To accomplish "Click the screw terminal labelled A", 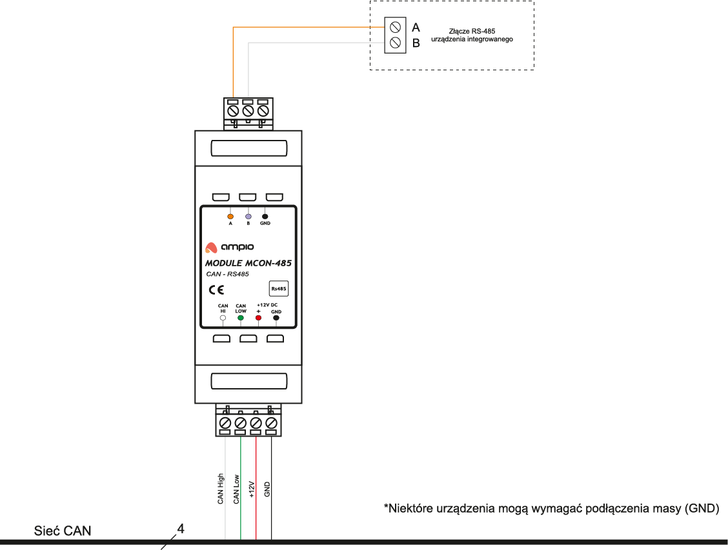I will (393, 27).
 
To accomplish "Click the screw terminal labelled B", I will (393, 43).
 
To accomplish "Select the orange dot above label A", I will (230, 217).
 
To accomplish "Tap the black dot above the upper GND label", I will (265, 217).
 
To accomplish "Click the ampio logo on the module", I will (229, 247).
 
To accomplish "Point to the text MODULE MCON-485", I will (248, 263).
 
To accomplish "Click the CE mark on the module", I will (216, 289).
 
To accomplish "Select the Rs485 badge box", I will (278, 289).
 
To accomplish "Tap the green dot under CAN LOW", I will (241, 318).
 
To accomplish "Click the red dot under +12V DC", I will (258, 318).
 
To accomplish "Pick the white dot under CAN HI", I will (223, 318).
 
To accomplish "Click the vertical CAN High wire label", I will (221, 488).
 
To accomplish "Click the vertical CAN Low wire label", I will (236, 489).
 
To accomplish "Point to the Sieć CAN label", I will (63, 531).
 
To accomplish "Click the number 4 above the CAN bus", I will (181, 529).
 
